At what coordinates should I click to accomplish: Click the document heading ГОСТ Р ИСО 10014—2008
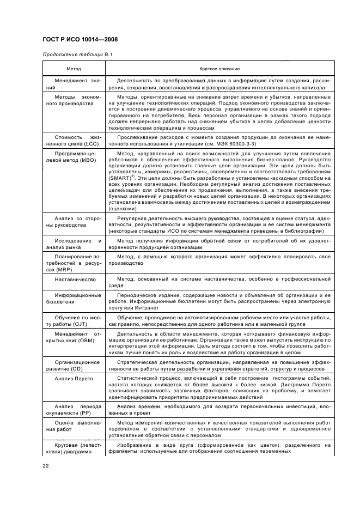(x=80, y=39)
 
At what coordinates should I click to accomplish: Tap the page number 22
(x=46, y=466)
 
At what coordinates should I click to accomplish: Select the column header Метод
(x=74, y=69)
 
